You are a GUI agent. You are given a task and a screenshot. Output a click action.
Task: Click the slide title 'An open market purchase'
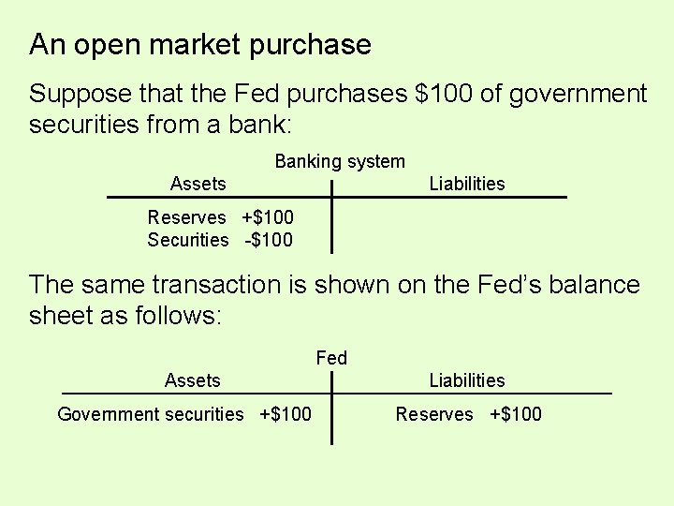(x=199, y=44)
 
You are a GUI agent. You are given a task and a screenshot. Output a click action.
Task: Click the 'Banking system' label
(x=340, y=162)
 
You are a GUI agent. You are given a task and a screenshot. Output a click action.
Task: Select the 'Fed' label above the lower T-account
(x=331, y=358)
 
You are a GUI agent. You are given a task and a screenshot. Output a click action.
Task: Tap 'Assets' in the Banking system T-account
(x=198, y=184)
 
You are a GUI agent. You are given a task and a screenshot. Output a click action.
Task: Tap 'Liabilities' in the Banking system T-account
(x=466, y=184)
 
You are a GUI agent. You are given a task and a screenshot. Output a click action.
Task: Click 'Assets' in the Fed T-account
(x=192, y=380)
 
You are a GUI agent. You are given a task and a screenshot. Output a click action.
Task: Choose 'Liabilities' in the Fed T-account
(x=466, y=380)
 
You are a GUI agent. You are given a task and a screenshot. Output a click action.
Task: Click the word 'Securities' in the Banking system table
(x=187, y=240)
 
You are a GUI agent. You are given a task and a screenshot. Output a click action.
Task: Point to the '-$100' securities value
(x=269, y=240)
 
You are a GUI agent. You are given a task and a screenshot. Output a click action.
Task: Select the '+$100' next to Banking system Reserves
(x=268, y=217)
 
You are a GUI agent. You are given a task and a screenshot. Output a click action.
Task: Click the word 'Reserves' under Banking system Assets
(x=186, y=217)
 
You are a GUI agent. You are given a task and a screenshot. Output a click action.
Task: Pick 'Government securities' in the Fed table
(x=150, y=414)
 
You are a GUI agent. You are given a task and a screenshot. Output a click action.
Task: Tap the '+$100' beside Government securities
(x=286, y=414)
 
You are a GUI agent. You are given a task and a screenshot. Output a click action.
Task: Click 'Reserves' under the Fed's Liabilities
(x=434, y=414)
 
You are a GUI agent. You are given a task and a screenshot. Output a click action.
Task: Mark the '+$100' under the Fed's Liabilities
(x=516, y=414)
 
